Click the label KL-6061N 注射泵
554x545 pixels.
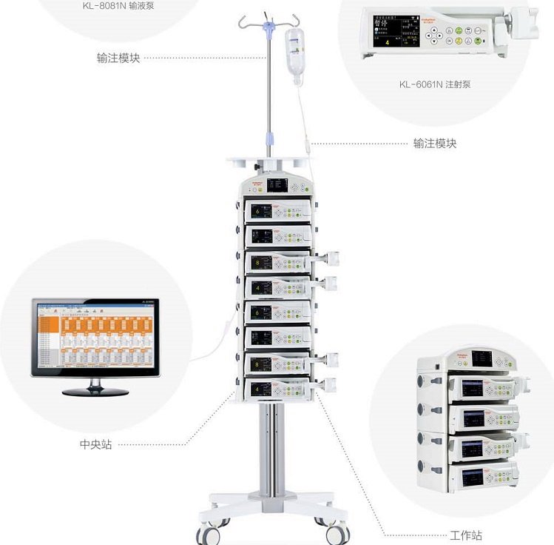[434, 84]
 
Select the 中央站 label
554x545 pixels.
[95, 445]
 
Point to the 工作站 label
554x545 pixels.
[465, 535]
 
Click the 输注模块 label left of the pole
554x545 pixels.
[118, 58]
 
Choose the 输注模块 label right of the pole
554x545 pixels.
[434, 143]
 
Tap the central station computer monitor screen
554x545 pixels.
[95, 337]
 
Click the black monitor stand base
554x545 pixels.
[95, 389]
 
